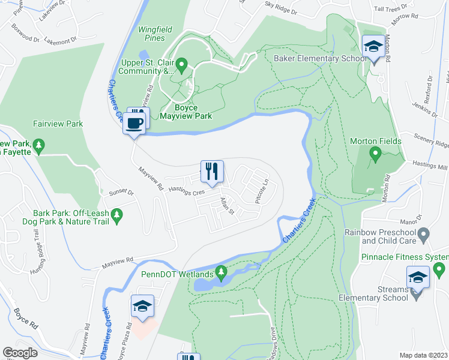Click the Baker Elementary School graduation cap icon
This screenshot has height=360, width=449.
(x=373, y=46)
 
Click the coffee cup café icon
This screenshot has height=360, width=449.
(x=134, y=124)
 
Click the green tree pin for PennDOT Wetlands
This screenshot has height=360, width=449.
(x=221, y=273)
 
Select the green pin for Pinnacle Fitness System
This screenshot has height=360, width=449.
(x=439, y=268)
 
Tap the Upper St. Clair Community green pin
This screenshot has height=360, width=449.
(x=184, y=63)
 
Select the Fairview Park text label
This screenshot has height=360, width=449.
(x=58, y=124)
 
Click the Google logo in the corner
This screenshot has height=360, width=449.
(x=20, y=353)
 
